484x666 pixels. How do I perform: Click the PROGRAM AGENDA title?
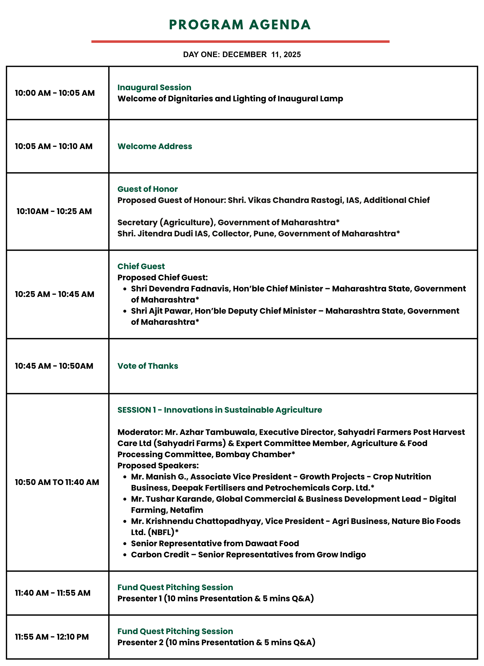pos(240,25)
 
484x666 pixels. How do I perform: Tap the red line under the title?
pos(240,42)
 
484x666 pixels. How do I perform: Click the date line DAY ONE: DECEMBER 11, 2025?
pos(242,54)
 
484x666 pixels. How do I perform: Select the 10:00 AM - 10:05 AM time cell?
pos(55,93)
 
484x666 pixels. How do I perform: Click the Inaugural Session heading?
pos(154,88)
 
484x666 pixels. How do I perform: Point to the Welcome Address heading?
pos(155,146)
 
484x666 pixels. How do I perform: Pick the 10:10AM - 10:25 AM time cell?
pos(54,211)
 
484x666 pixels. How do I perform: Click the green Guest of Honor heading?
pos(148,189)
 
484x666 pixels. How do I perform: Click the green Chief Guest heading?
pos(141,266)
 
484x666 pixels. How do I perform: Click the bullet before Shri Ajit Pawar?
pos(125,311)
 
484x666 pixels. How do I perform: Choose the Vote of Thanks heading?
pos(148,366)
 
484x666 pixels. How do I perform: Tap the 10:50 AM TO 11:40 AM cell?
pos(57,482)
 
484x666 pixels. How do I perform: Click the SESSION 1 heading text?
pos(220,410)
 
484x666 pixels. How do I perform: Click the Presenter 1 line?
pos(216,598)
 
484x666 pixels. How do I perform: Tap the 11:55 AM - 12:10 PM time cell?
pos(52,637)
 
